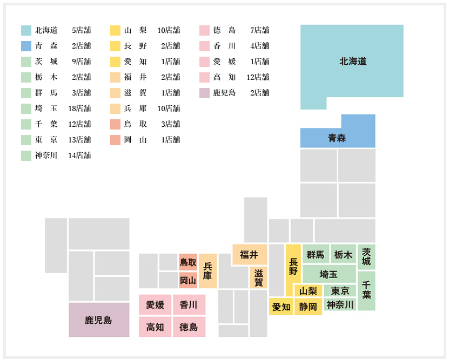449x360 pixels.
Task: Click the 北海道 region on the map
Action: [352, 62]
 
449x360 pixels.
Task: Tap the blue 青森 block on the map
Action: [337, 138]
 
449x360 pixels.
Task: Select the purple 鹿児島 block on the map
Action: [99, 320]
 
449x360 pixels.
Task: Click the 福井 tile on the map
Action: [250, 255]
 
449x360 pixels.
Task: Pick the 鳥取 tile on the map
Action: [188, 262]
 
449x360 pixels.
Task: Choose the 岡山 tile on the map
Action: [188, 280]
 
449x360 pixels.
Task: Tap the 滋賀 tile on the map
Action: [259, 277]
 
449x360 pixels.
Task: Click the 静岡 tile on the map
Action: [308, 307]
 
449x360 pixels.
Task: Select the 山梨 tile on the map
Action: [309, 291]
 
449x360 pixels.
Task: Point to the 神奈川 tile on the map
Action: [340, 304]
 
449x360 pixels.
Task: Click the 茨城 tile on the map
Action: [366, 257]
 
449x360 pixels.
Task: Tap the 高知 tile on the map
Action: [155, 327]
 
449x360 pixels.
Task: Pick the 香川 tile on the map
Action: [189, 304]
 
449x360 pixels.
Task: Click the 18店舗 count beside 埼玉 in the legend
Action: [79, 108]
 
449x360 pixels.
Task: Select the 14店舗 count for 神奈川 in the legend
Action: [79, 155]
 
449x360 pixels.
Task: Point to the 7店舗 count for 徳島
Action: [260, 30]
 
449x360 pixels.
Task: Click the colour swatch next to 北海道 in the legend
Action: [26, 30]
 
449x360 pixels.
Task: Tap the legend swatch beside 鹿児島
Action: [204, 93]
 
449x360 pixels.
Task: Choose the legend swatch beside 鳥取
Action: [116, 124]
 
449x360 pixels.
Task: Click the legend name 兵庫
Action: [136, 108]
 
